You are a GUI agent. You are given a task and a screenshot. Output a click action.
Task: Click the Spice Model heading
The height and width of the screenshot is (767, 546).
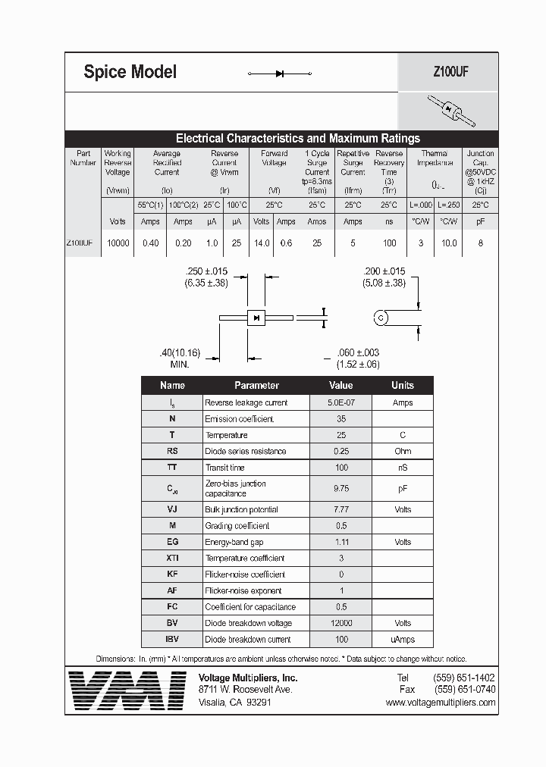130,72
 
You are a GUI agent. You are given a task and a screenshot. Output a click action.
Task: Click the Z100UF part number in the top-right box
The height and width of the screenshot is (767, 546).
448,73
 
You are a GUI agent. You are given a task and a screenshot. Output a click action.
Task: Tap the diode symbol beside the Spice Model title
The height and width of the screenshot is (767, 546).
280,74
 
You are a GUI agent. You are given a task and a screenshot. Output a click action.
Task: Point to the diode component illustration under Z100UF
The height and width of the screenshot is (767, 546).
450,111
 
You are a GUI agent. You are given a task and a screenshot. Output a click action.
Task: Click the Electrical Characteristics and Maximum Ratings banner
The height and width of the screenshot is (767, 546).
297,139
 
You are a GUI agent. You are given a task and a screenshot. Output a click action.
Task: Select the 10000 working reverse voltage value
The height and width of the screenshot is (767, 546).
118,243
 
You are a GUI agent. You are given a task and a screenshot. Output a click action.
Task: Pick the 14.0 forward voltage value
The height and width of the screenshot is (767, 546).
261,243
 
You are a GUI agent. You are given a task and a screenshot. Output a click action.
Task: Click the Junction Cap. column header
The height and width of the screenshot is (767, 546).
480,162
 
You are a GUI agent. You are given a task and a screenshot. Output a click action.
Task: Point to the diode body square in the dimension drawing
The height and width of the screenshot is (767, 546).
256,318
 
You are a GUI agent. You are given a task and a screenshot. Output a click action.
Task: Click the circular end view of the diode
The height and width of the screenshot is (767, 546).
381,318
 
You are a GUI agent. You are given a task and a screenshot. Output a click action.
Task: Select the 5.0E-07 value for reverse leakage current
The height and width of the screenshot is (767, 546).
340,402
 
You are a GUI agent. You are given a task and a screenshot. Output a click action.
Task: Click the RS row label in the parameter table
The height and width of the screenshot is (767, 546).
172,451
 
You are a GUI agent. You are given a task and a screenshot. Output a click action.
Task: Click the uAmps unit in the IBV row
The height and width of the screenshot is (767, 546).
402,640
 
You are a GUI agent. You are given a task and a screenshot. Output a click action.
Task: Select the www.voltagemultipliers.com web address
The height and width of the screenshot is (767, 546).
440,703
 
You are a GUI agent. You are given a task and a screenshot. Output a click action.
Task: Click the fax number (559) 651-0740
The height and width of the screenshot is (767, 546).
464,690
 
